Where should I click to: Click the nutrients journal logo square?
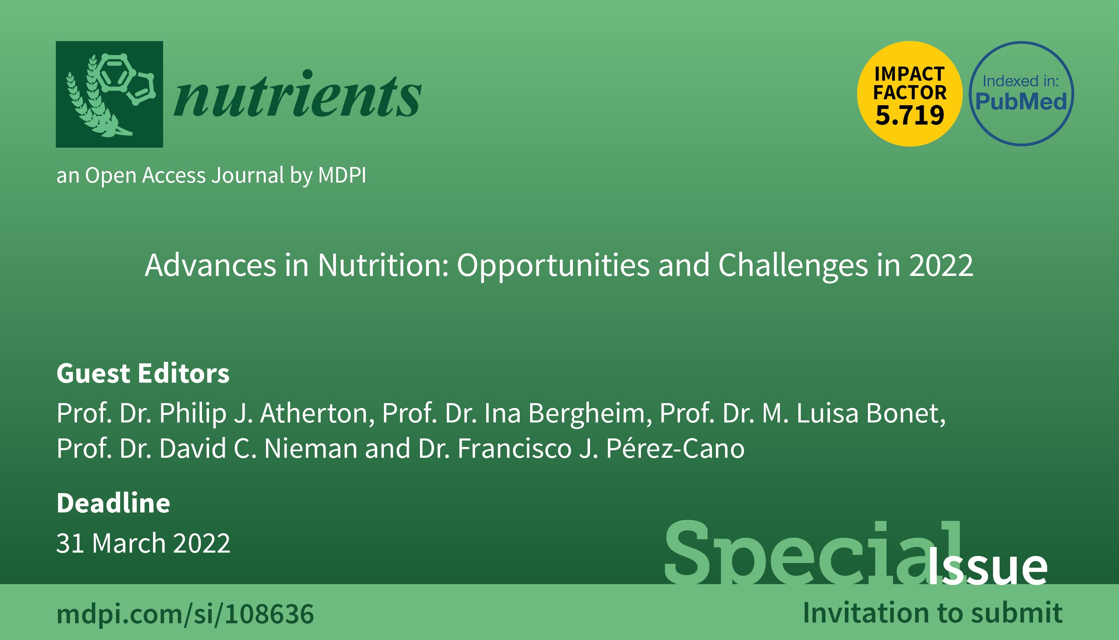[109, 94]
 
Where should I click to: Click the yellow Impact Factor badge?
[909, 94]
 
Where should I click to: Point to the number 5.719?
[909, 115]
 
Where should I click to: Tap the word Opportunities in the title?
[553, 266]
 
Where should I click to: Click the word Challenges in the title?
[793, 266]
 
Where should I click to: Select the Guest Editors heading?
[143, 374]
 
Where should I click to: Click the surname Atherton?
[317, 414]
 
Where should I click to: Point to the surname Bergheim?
[587, 414]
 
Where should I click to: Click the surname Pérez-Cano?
[675, 449]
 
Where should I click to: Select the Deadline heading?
[113, 503]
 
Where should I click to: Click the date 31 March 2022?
[143, 543]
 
